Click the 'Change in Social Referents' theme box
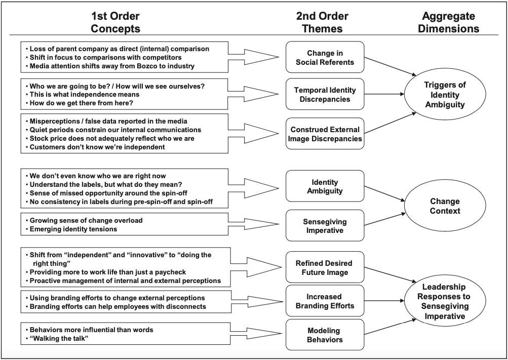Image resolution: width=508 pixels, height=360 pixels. point(325,57)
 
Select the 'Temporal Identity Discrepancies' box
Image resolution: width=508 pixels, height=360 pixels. point(325,94)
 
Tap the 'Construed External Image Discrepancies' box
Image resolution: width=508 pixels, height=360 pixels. point(325,134)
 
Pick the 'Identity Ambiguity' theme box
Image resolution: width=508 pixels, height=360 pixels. point(325,186)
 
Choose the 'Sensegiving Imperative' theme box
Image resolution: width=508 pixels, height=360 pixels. point(325,226)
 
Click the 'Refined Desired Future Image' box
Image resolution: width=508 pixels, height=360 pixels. point(325,267)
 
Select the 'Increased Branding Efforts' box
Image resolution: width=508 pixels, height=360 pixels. point(325,301)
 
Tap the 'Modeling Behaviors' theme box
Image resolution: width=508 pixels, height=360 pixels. point(325,335)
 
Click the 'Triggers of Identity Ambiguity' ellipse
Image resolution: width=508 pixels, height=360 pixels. point(445,94)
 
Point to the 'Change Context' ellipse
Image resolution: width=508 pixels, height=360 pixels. point(445,206)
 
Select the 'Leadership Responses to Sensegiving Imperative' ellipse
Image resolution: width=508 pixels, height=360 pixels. point(445,301)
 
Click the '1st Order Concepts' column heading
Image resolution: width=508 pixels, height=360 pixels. point(115,22)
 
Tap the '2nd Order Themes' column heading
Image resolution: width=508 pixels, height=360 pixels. point(322,22)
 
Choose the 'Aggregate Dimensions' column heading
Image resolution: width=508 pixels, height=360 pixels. point(448,22)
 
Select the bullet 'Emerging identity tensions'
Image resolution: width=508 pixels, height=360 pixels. point(71,229)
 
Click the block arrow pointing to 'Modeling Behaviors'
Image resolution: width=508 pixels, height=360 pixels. point(256,334)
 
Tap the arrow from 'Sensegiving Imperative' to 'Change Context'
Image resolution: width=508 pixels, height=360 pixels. point(385,219)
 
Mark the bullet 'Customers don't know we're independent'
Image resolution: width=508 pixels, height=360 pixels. point(96,147)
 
